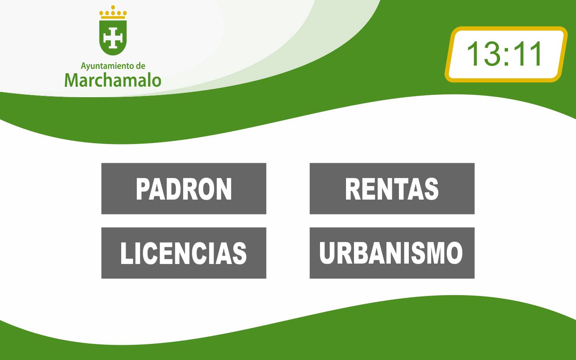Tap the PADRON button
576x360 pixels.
(x=184, y=188)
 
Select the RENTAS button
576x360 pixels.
(x=392, y=188)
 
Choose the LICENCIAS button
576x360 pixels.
(x=184, y=253)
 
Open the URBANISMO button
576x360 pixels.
(x=392, y=253)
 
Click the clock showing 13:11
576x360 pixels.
(x=506, y=54)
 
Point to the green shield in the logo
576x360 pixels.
(x=113, y=38)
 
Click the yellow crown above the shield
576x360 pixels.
(x=113, y=12)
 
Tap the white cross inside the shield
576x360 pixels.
(x=113, y=38)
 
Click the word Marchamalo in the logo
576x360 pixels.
(x=113, y=80)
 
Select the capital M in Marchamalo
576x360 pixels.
(x=72, y=80)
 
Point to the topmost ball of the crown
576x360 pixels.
(x=113, y=7)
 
